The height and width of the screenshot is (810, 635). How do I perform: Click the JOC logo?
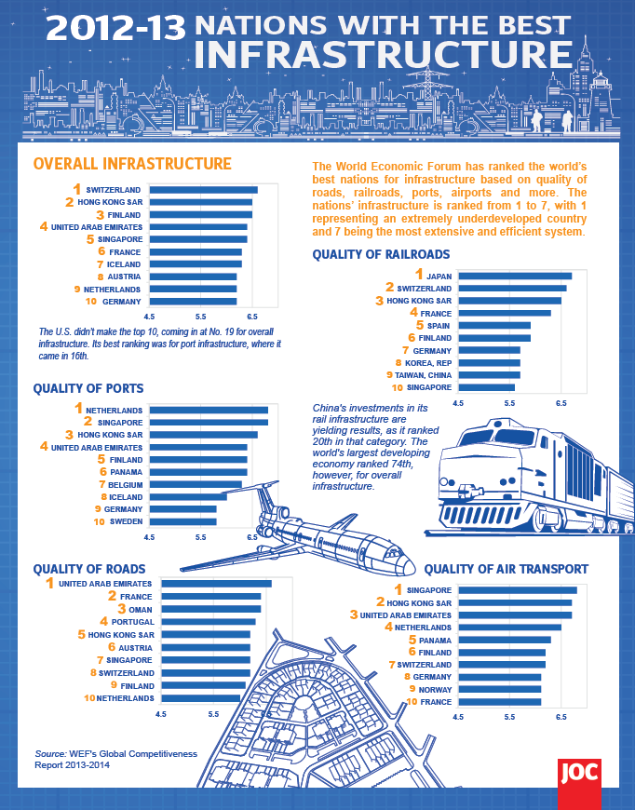tap(578, 771)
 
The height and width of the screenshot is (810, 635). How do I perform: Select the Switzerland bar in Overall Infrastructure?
tap(203, 190)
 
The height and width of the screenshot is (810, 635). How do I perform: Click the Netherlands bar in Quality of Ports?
tap(209, 410)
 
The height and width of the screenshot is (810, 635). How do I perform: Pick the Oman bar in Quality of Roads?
tap(211, 609)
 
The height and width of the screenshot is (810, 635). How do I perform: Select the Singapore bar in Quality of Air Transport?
tap(517, 589)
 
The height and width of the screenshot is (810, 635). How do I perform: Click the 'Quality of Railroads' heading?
tap(381, 253)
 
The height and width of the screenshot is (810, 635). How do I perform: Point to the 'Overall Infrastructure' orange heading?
tap(132, 164)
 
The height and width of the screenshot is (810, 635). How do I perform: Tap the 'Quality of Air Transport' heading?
tap(506, 569)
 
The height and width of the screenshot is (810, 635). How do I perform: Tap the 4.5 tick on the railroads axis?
tap(458, 403)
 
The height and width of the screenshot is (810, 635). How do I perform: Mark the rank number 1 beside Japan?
tap(419, 275)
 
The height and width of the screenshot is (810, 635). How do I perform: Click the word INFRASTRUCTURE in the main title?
tap(382, 53)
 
